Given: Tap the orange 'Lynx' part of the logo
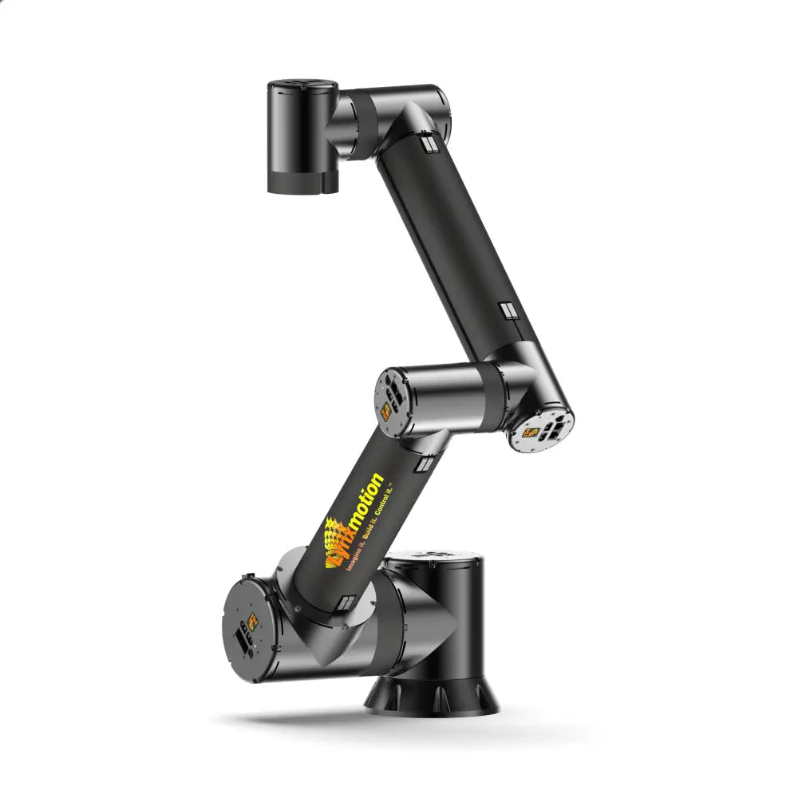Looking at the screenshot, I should click(x=335, y=543).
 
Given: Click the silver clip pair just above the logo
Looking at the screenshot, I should click(x=426, y=462).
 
